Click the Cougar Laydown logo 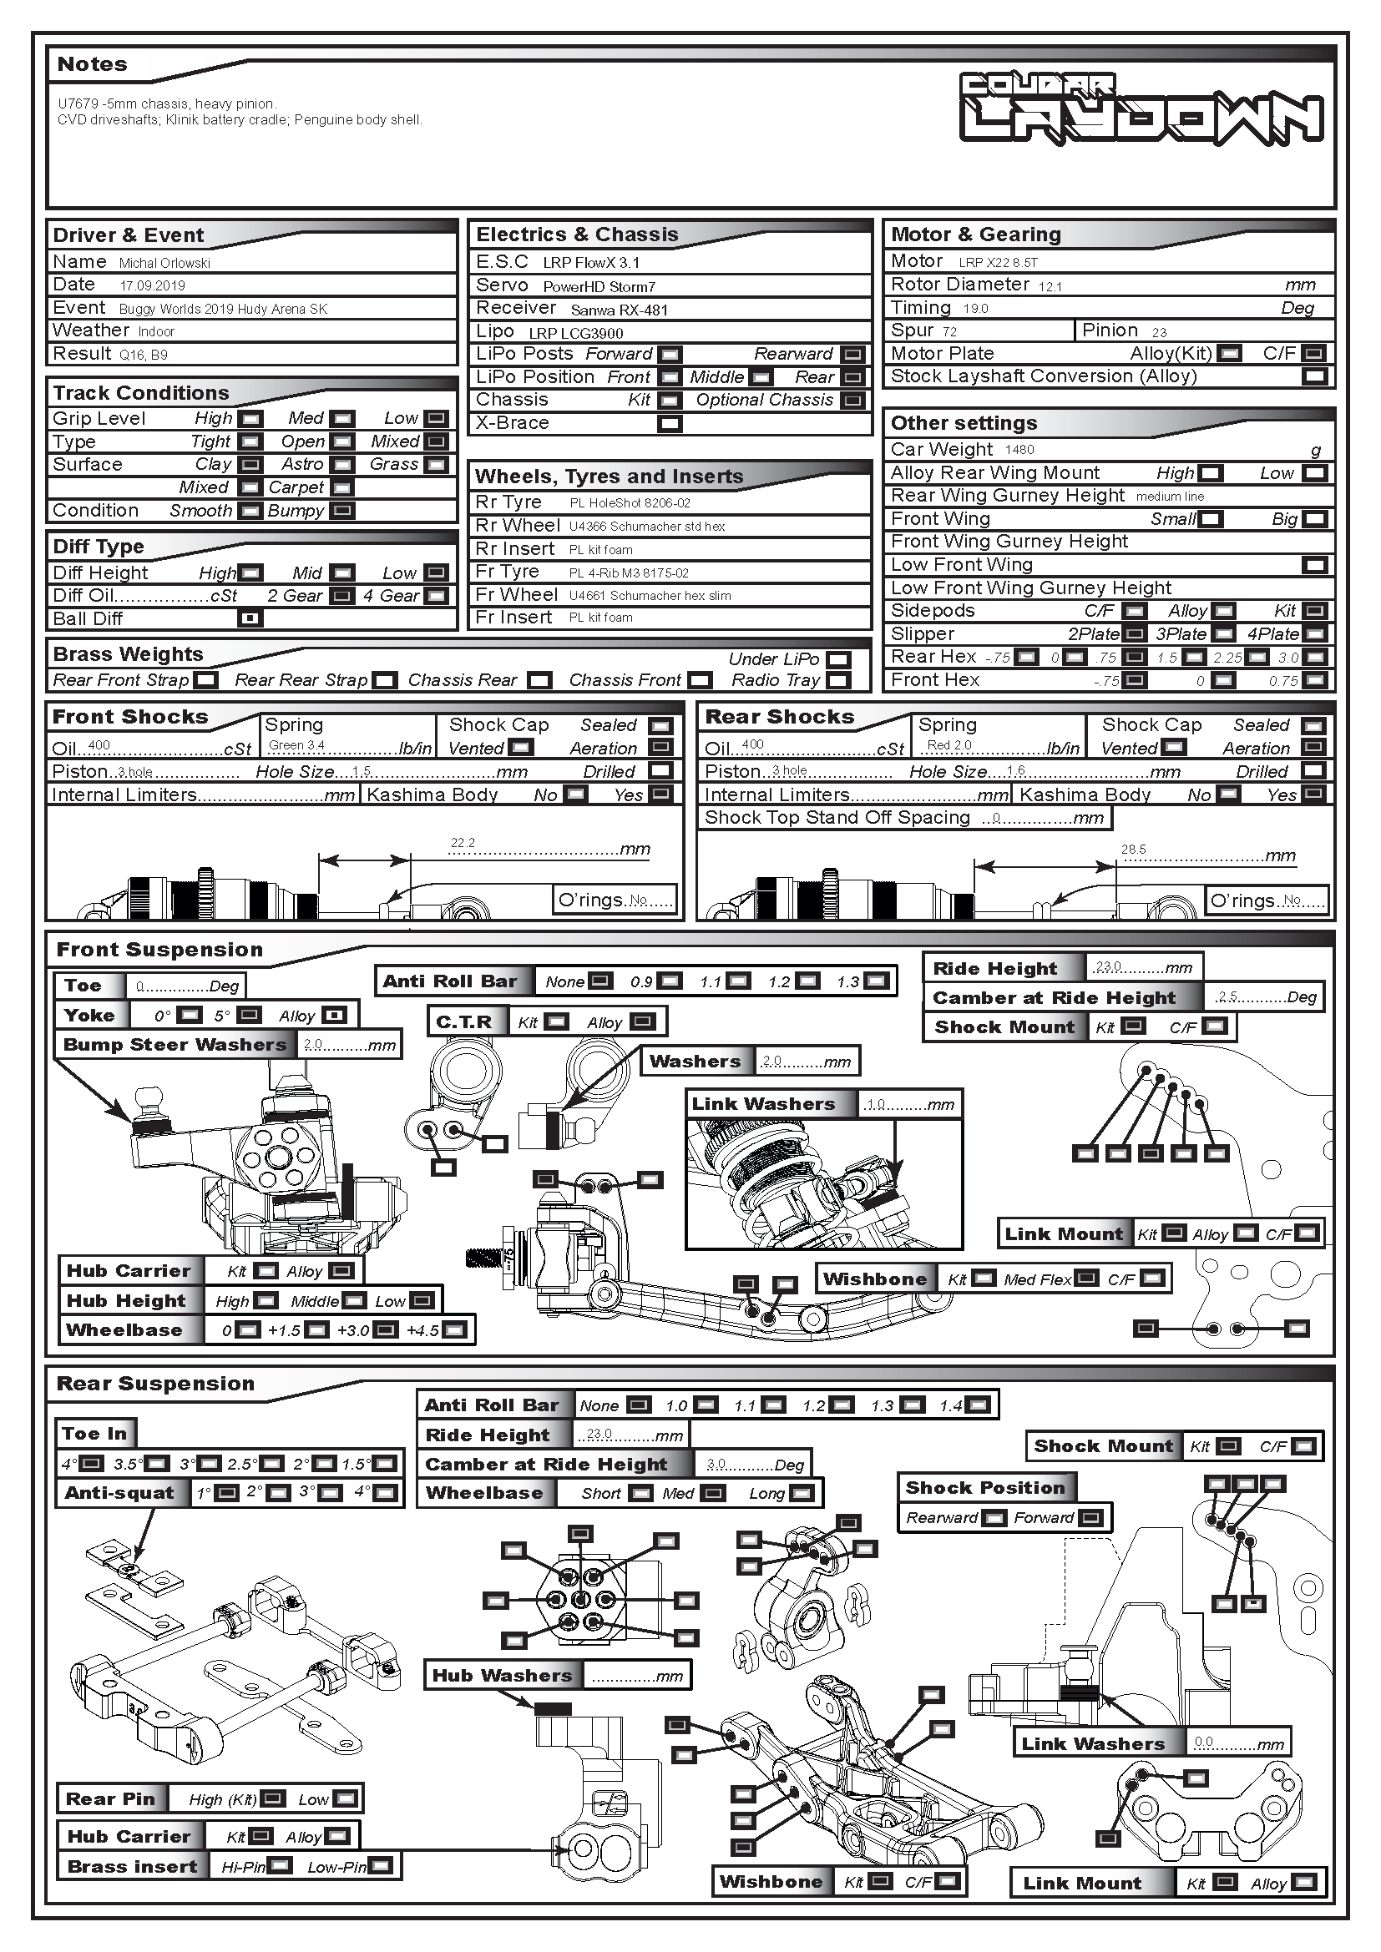1141,107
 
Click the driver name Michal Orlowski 164,264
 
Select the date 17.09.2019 152,286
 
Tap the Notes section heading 92,64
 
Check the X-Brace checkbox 670,423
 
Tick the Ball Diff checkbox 250,619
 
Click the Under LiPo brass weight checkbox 838,660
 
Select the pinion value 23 1159,332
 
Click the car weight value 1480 1019,450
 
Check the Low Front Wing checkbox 1315,565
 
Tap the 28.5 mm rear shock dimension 1133,850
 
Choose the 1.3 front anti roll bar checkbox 876,981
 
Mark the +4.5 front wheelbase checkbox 455,1330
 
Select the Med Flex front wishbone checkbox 1086,1279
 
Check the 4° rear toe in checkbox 92,1464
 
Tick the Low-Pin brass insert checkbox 380,1866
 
